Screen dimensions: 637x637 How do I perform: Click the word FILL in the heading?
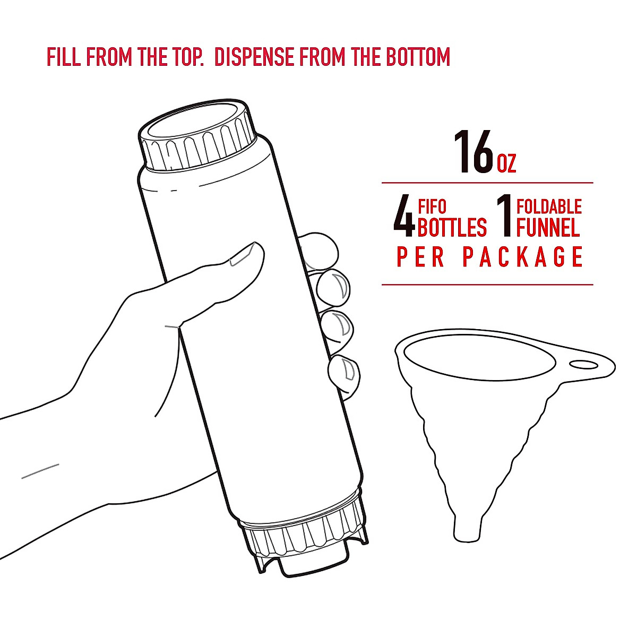64,57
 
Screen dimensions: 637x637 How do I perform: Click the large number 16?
474,153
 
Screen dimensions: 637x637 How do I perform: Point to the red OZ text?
506,163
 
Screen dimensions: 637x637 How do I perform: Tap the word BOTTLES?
452,227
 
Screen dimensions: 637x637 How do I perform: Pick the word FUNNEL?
548,227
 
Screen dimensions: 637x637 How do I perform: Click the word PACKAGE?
523,257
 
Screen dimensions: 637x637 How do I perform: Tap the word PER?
421,257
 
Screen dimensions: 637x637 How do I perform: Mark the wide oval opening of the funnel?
478,359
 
